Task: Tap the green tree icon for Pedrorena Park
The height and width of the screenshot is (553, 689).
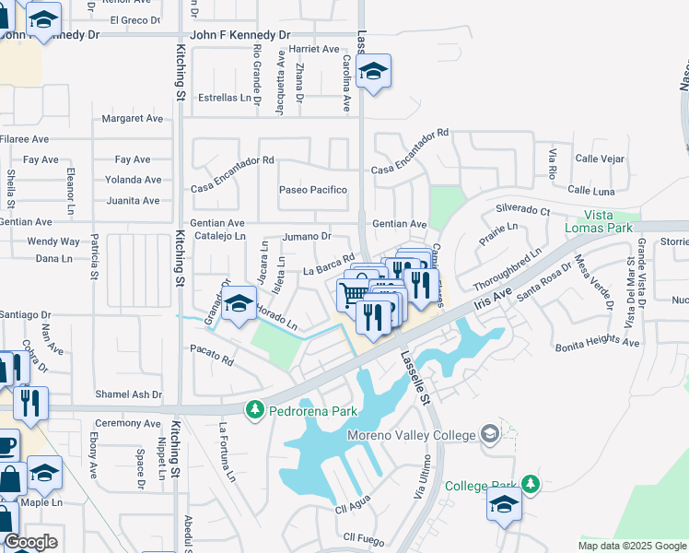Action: click(254, 408)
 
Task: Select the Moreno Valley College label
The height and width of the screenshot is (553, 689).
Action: click(411, 435)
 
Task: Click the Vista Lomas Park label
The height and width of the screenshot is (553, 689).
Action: click(609, 221)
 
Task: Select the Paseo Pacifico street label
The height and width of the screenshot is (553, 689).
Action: click(313, 190)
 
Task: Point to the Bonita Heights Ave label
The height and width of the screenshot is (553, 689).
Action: click(597, 344)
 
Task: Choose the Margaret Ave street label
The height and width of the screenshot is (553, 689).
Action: click(132, 119)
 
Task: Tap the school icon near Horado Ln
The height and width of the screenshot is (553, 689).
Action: click(239, 305)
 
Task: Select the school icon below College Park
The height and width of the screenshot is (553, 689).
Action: click(504, 505)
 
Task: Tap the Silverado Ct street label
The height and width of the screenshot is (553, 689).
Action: click(522, 209)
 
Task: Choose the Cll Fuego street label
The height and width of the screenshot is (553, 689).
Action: click(362, 536)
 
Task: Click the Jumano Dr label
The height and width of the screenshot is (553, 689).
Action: click(306, 236)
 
